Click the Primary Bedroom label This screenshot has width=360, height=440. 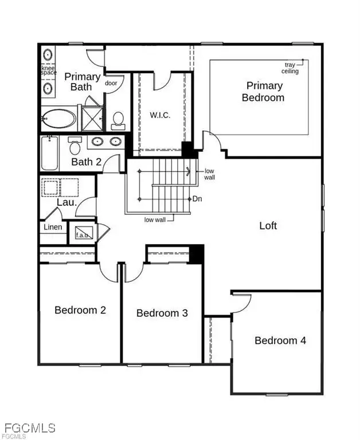(264, 92)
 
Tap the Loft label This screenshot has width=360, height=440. (268, 225)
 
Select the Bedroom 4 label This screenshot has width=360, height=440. (280, 340)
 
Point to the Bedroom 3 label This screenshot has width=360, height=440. (162, 313)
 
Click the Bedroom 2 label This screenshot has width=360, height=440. (80, 310)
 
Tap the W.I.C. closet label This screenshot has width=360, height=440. (159, 115)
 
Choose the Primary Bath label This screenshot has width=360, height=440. (83, 82)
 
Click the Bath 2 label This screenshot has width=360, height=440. (86, 162)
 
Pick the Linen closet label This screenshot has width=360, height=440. (53, 227)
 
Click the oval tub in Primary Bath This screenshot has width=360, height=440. (58, 119)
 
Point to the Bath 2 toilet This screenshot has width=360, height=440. (75, 147)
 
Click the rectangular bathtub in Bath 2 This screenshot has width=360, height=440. (50, 153)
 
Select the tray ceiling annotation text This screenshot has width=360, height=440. (289, 68)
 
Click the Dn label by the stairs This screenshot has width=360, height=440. (197, 199)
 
